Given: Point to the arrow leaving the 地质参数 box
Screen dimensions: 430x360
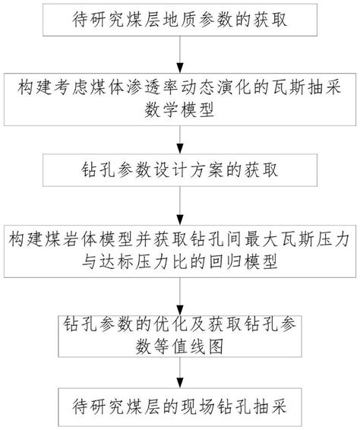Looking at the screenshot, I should (x=179, y=52).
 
